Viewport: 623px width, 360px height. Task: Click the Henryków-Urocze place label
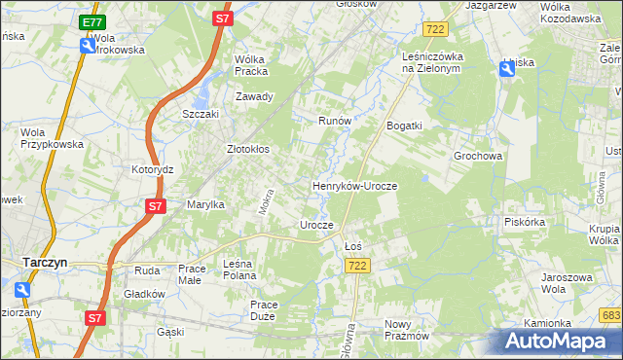pos(354,185)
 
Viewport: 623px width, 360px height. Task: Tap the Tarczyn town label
pos(45,262)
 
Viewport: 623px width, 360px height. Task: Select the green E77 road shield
pos(92,22)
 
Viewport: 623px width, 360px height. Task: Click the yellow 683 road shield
pos(610,316)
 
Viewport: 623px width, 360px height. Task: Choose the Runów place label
pos(334,121)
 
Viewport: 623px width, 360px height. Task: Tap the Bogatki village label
pos(404,126)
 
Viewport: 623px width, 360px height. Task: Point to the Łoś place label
pos(353,246)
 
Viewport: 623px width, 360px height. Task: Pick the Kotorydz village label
pos(152,168)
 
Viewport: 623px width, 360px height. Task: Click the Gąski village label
pos(170,332)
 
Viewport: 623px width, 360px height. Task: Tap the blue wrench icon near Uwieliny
pos(508,67)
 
